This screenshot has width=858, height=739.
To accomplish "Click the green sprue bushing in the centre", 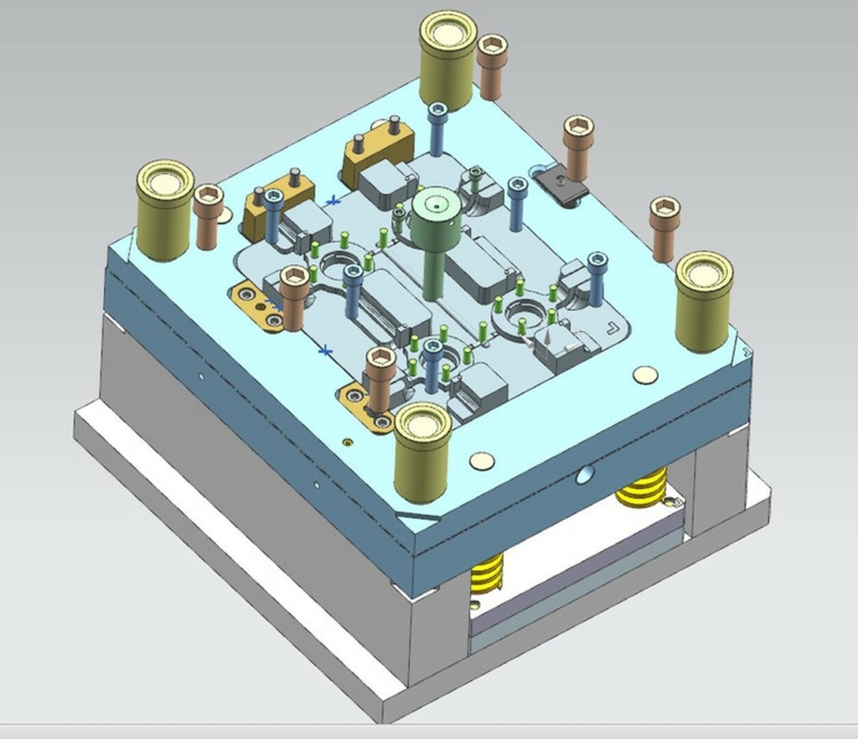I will tap(435, 220).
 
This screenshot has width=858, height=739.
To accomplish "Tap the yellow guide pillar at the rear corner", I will tap(448, 63).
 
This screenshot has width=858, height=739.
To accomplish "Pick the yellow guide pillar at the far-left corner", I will tap(165, 211).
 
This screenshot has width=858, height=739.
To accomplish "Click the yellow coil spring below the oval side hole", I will tap(642, 488).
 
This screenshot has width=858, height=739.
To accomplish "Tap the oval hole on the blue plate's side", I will tap(585, 476).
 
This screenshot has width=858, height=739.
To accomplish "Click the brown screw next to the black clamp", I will tap(578, 147).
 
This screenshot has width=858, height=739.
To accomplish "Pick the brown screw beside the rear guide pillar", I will tap(492, 65).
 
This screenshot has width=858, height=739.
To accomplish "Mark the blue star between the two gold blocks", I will tap(334, 201).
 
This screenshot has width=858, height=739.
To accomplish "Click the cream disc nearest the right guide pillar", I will tap(644, 375).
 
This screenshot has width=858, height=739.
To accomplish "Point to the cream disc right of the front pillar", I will tap(481, 460).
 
